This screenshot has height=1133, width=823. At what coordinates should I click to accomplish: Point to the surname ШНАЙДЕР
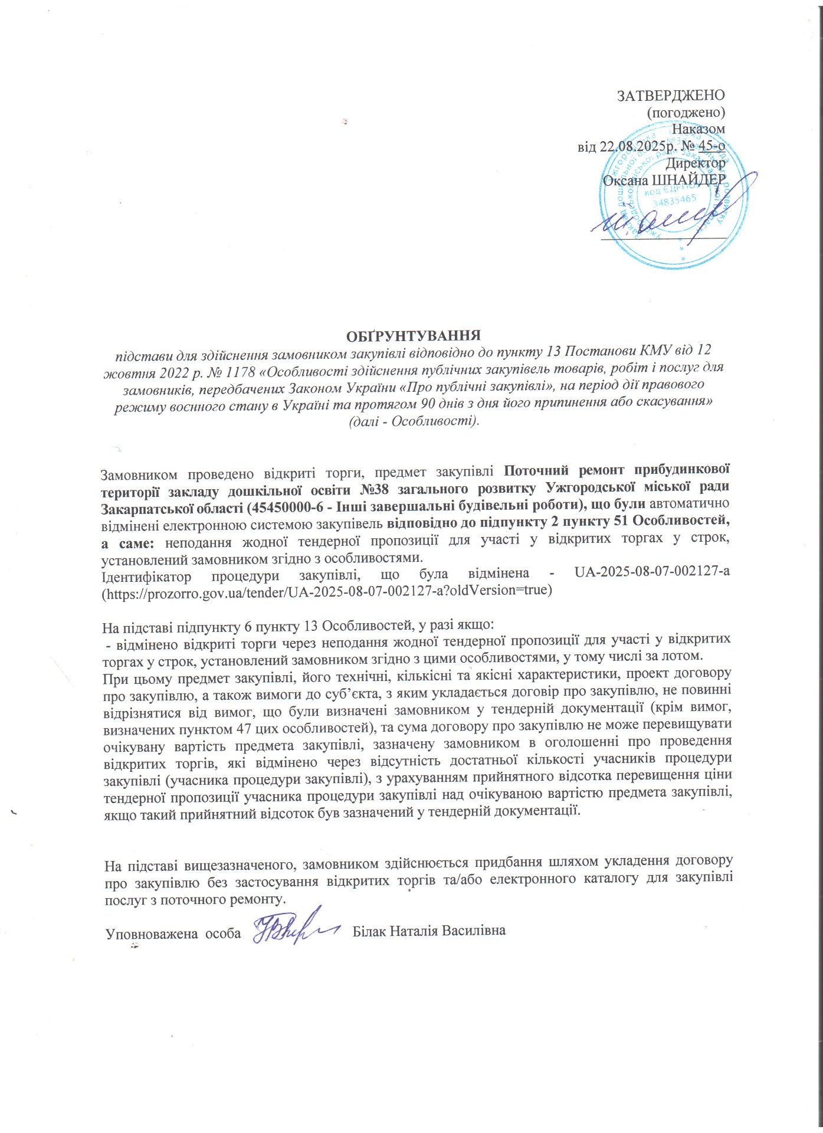[688, 181]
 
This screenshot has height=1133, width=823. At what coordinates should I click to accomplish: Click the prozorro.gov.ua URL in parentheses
[327, 590]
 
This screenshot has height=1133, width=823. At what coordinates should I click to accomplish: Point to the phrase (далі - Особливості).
[411, 422]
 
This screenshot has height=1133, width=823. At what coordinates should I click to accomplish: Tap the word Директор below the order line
[696, 163]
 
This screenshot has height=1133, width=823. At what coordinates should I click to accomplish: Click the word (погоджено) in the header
[686, 112]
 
